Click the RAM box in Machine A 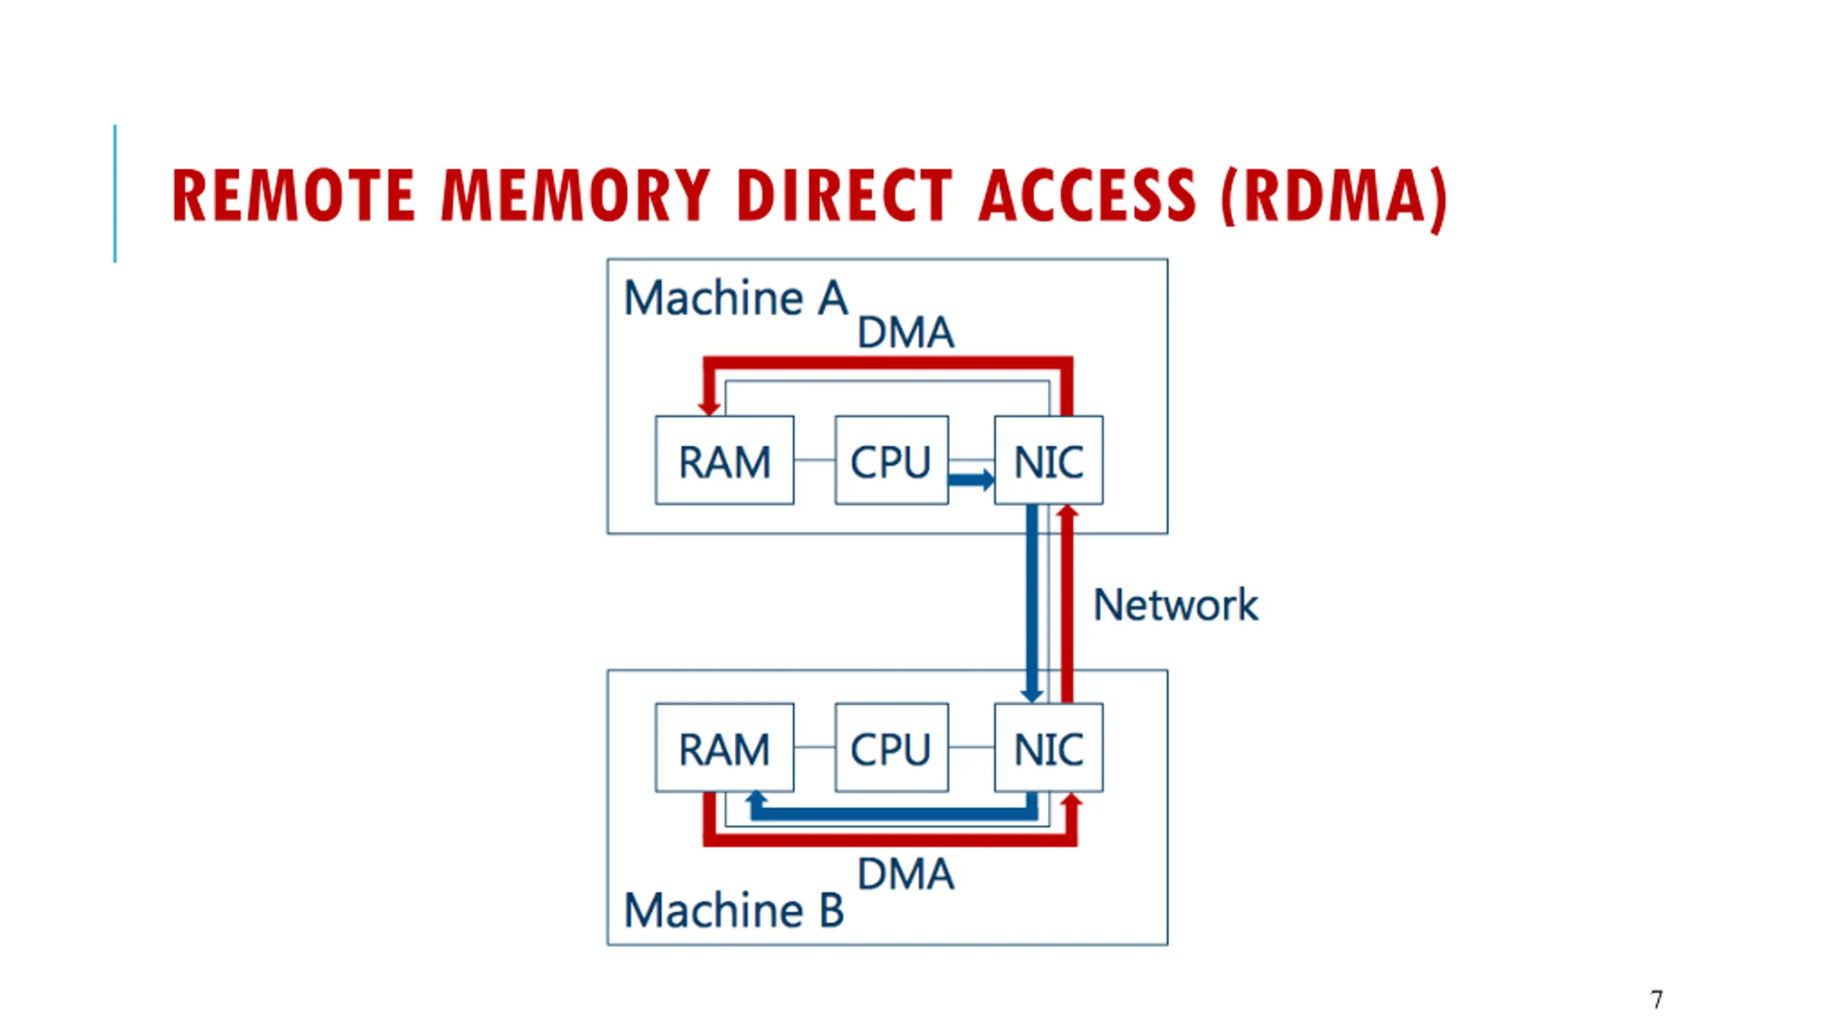(x=724, y=460)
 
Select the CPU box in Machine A (x=891, y=460)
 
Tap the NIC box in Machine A (x=1049, y=460)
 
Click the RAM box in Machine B (x=724, y=748)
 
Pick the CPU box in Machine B (x=891, y=748)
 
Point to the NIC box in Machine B (x=1049, y=748)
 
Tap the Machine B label (x=734, y=910)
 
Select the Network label (x=1175, y=604)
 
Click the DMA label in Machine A (x=905, y=332)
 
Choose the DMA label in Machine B (x=905, y=874)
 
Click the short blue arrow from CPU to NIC (x=972, y=479)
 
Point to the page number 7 (x=1656, y=999)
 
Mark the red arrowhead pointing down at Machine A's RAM (x=709, y=406)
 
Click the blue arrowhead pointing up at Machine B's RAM (x=755, y=799)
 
